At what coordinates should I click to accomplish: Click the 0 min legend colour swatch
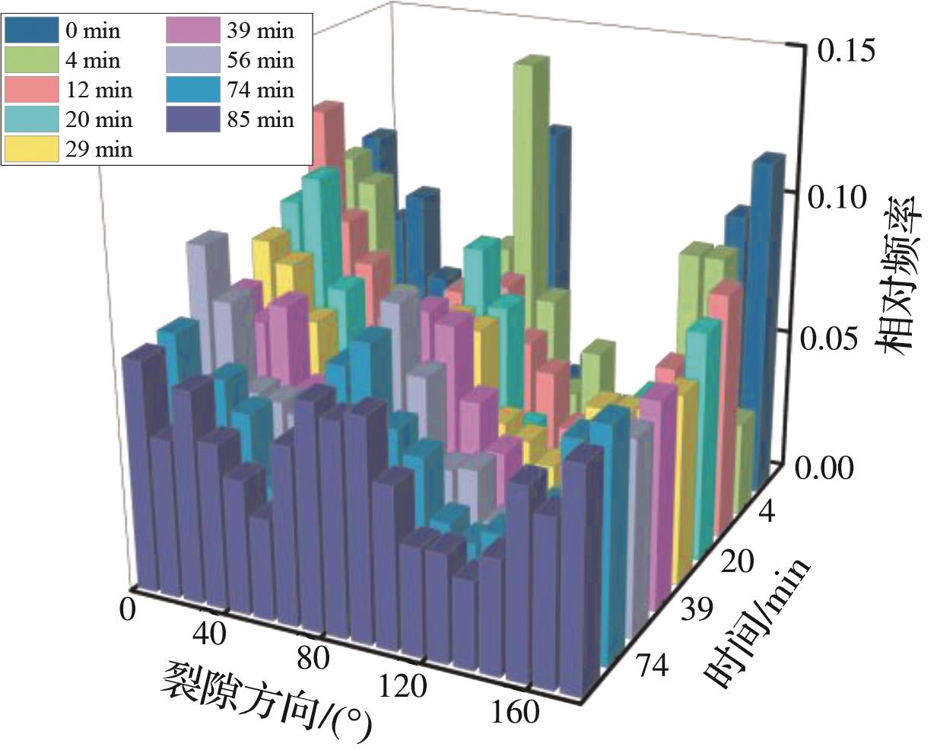coord(31,30)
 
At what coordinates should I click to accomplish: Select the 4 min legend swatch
coord(31,60)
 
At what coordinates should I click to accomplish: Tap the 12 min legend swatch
coord(31,90)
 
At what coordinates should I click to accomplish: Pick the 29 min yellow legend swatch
coord(31,149)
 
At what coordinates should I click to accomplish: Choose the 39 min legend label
coord(259,30)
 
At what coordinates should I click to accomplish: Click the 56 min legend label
coord(259,60)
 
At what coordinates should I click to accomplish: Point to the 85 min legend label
coord(259,119)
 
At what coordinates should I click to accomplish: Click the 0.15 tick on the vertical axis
coord(845,52)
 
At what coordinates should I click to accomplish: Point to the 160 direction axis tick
coord(515,712)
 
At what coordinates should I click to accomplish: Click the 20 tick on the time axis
coord(735,564)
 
